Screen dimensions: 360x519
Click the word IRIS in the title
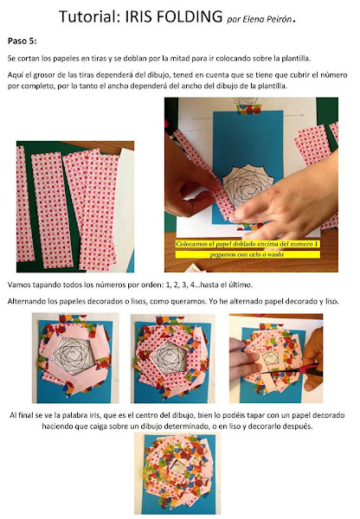point(138,16)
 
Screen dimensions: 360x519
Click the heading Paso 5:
point(22,41)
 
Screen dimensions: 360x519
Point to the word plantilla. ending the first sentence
point(296,59)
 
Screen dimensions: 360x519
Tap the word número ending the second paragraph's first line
point(335,74)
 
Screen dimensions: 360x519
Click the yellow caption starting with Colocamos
point(247,244)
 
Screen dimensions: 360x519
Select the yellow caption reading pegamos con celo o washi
point(247,254)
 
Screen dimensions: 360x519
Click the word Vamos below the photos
point(18,285)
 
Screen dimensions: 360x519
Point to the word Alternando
point(26,302)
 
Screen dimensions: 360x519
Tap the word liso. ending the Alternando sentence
point(331,302)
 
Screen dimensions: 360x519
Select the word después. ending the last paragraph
point(299,426)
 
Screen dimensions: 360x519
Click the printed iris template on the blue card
point(247,187)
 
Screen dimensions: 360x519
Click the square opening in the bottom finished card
point(177,466)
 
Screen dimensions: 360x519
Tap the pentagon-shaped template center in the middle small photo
point(170,356)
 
